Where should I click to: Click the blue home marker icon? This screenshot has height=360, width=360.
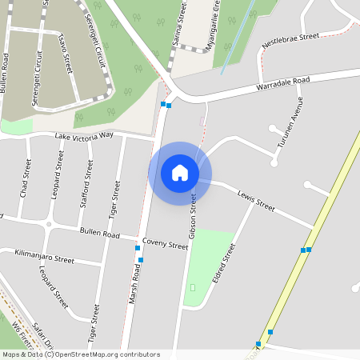(180, 173)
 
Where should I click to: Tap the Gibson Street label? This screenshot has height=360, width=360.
(192, 217)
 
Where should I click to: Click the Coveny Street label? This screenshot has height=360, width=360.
(165, 244)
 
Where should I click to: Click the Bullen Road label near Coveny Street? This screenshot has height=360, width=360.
(100, 234)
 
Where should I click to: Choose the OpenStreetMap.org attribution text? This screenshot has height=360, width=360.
(104, 354)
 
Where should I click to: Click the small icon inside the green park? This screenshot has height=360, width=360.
(193, 287)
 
